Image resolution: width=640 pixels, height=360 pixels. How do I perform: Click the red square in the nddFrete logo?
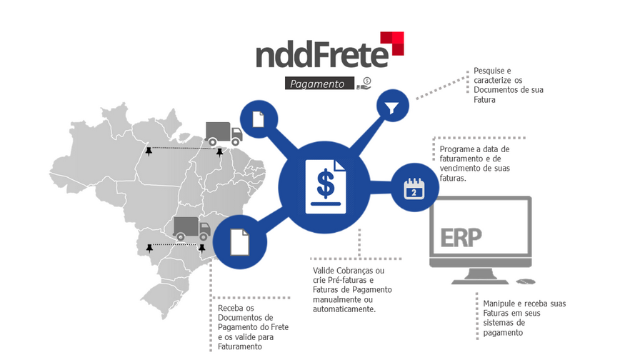click(392, 42)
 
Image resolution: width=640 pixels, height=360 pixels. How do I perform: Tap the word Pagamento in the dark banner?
click(321, 84)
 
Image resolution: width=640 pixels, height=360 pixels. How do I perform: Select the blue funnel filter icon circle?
click(392, 108)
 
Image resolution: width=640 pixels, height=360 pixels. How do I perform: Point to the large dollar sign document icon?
click(325, 186)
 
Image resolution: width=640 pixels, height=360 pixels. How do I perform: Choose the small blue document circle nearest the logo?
click(258, 119)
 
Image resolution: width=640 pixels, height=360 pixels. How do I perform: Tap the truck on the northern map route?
click(223, 133)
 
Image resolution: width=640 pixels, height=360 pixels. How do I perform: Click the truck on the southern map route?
click(191, 228)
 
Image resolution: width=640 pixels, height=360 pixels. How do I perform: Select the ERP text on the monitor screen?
click(461, 236)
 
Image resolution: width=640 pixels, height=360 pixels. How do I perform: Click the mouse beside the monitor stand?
click(525, 283)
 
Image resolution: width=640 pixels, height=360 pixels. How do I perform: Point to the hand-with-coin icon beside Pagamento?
click(365, 83)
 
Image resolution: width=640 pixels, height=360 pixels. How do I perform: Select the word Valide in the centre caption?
click(326, 271)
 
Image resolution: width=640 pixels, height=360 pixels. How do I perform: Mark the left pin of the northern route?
click(148, 151)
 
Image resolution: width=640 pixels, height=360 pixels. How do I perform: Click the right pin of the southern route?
click(202, 248)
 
